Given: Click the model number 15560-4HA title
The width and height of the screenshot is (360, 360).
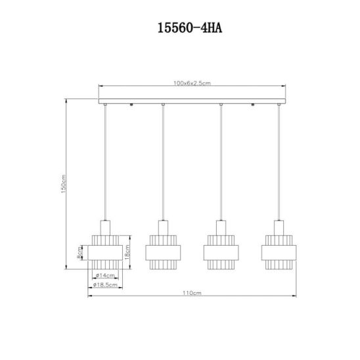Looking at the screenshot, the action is [190, 28].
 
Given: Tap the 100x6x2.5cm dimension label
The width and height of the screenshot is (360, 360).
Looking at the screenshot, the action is [192, 83].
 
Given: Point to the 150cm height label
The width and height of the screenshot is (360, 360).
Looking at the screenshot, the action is [64, 184].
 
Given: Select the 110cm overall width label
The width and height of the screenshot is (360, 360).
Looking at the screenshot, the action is [192, 293].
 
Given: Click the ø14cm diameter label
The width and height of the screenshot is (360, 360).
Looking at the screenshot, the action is [105, 275].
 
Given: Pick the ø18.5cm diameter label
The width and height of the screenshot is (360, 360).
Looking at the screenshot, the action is [105, 285].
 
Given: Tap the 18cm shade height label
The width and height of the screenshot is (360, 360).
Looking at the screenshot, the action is [127, 252].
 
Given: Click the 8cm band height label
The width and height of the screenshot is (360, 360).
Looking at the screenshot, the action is [79, 252].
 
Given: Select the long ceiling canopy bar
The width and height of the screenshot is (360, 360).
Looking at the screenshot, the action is [192, 101].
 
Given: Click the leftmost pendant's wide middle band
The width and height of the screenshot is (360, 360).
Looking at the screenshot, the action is [105, 252].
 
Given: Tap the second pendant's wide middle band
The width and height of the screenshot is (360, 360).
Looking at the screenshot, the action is [163, 252].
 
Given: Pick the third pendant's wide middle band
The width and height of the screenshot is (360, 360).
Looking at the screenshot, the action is [221, 252].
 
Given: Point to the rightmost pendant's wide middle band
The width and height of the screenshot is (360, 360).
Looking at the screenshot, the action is [279, 252].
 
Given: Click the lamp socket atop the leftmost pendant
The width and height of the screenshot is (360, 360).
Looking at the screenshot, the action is [105, 228].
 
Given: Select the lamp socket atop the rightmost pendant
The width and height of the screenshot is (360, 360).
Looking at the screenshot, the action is [279, 228].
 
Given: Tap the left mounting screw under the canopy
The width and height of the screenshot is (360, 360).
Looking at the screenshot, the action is [131, 104].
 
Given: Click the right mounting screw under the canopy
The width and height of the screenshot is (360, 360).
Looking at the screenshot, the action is [253, 104].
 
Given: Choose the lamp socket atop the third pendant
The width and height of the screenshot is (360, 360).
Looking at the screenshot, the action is [221, 228].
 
